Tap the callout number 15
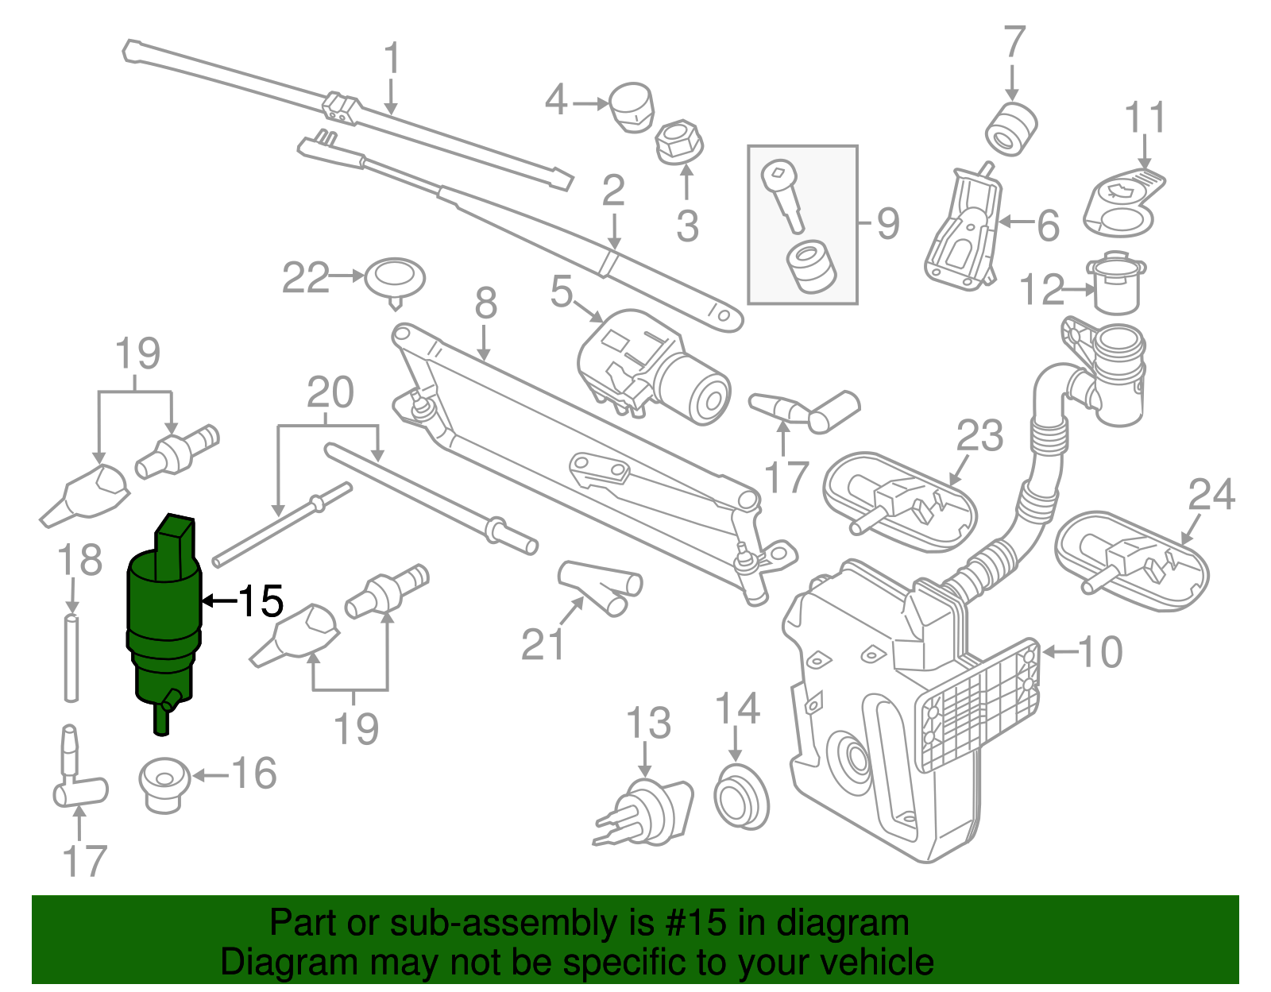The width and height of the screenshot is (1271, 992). [x=261, y=601]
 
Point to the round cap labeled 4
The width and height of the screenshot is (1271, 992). [x=632, y=106]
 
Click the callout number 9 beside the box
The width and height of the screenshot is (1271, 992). [x=888, y=224]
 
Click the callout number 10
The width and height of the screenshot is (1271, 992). [x=1100, y=652]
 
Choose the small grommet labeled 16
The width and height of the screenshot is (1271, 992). [x=164, y=785]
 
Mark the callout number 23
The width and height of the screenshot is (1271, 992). [x=979, y=435]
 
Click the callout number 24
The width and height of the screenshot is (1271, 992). [x=1211, y=495]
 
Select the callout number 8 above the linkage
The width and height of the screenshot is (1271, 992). [x=486, y=304]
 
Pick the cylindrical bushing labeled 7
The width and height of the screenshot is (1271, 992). [x=1011, y=127]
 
